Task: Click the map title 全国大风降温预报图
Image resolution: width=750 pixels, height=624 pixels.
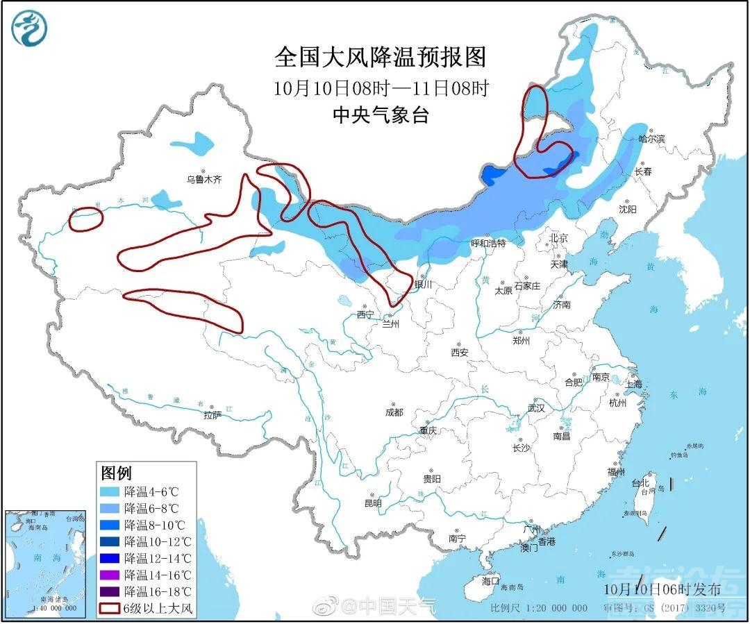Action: click(380, 57)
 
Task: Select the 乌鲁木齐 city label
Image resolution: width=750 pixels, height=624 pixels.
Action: click(203, 179)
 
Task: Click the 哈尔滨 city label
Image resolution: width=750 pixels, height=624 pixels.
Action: click(651, 139)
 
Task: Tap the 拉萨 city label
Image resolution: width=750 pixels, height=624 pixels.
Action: click(212, 415)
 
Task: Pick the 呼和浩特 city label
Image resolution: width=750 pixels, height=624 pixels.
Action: click(488, 244)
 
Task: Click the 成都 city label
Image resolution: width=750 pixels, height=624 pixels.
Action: click(393, 412)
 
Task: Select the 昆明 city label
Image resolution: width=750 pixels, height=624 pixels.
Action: click(373, 503)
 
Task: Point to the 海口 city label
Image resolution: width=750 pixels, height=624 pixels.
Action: click(490, 580)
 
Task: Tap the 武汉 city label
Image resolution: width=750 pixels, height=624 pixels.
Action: click(536, 408)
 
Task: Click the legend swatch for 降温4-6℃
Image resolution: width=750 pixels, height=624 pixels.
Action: click(110, 491)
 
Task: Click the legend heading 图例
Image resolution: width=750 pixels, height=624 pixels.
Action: click(116, 473)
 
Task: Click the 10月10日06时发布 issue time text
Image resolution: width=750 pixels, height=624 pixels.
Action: click(662, 589)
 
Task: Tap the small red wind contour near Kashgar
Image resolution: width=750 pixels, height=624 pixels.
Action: click(85, 219)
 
